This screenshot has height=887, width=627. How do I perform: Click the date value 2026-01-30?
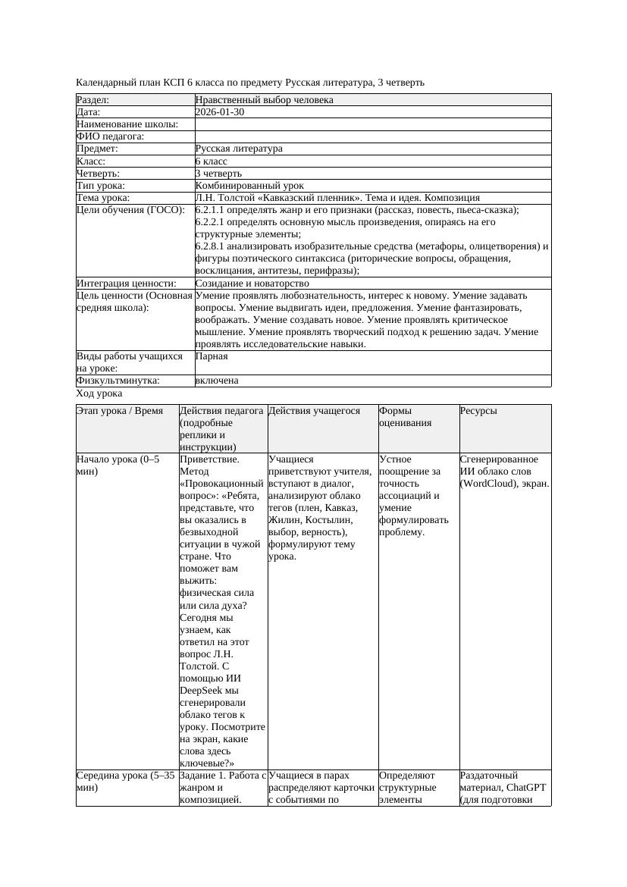(219, 112)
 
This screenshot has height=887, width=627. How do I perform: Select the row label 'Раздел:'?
(92, 100)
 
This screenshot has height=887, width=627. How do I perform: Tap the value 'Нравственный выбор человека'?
(264, 100)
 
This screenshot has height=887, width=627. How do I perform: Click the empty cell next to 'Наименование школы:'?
(371, 124)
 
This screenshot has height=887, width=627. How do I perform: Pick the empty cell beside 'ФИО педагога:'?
(371, 136)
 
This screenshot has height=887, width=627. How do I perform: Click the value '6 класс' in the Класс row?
(211, 161)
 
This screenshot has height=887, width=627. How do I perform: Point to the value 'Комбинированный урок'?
(249, 186)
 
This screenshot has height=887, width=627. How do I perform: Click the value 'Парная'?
(211, 356)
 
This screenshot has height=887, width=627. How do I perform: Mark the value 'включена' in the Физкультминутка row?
(217, 381)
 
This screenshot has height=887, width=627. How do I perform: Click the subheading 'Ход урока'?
(99, 393)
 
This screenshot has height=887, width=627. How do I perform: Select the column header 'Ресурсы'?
(478, 411)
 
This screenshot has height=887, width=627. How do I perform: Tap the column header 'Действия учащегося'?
(314, 411)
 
